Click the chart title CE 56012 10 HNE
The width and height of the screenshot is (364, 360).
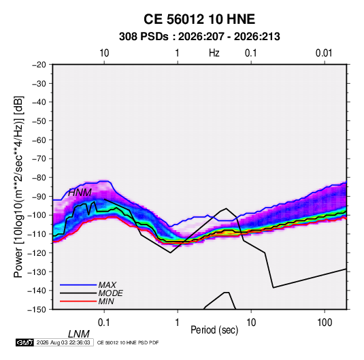tap(199, 19)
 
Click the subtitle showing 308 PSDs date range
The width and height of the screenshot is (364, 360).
tap(199, 37)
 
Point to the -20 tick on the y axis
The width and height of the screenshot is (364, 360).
tap(39, 65)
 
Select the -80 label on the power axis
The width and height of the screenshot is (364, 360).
tap(39, 178)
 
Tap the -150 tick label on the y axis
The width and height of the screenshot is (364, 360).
tap(37, 310)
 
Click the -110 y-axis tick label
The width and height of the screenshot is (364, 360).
tap(37, 234)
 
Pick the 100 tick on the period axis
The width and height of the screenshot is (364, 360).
tap(325, 323)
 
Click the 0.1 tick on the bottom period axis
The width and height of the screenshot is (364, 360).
tap(104, 323)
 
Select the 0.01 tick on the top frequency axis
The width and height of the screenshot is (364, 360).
tap(324, 53)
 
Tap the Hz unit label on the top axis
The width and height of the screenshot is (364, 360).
tap(214, 53)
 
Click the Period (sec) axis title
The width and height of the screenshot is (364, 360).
tap(214, 330)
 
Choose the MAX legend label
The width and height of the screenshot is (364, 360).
tap(107, 285)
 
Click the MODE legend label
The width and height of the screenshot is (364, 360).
tap(110, 293)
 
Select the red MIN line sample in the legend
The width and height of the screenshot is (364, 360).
tap(78, 301)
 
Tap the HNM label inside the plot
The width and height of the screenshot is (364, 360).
tap(80, 193)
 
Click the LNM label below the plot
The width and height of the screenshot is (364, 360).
tap(78, 334)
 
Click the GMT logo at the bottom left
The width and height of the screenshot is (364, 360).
tap(25, 342)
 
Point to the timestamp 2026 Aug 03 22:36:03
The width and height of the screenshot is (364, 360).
tap(63, 342)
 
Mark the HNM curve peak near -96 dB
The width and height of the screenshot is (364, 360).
tap(226, 208)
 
